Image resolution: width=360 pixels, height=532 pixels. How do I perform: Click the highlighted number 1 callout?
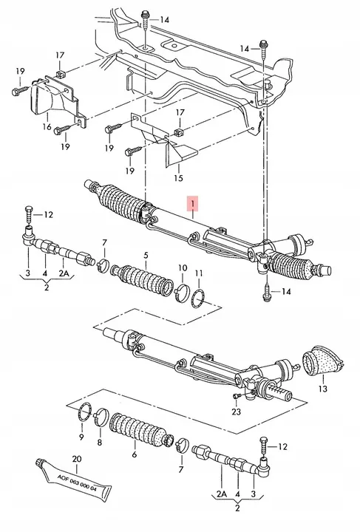coord(192,203)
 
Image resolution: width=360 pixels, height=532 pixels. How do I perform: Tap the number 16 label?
coord(47,126)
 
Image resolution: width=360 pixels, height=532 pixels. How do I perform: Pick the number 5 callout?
coord(146,255)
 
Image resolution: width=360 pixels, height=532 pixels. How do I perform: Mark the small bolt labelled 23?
coord(236,397)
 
